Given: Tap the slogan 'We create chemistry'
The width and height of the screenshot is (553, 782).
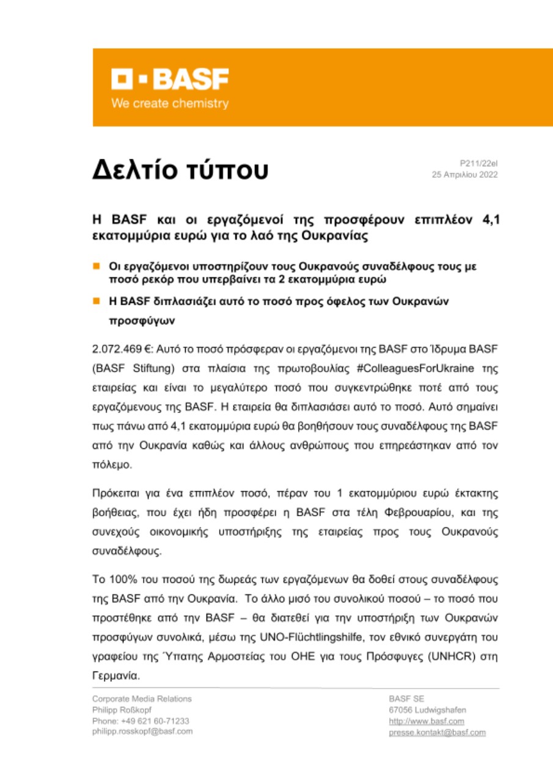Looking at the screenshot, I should click(x=170, y=104).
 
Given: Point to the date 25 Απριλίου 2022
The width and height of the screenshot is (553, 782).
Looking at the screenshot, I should click(x=464, y=175).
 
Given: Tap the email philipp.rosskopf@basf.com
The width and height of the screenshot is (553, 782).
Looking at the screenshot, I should click(x=142, y=731).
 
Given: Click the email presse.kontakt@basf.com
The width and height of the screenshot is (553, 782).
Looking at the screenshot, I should click(x=437, y=732).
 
